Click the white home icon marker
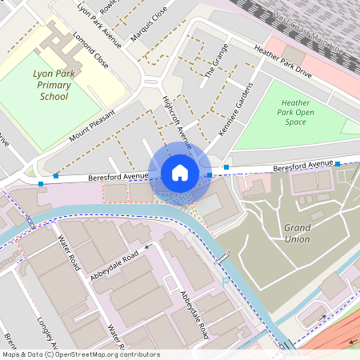tap(180, 173)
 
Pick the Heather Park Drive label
tap(281, 61)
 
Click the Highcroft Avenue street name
tap(177, 123)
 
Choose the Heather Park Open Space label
tap(295, 113)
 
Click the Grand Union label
tap(297, 233)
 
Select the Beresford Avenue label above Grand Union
tap(302, 166)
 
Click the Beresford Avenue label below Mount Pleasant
tap(118, 175)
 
